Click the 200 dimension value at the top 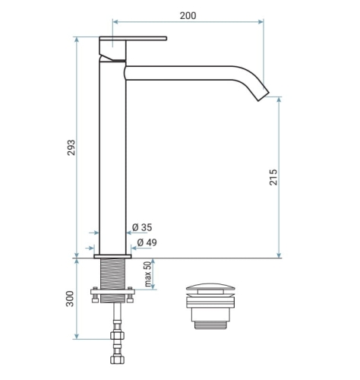pyautogui.click(x=188, y=16)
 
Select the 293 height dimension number pyautogui.click(x=71, y=147)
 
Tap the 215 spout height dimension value pyautogui.click(x=273, y=177)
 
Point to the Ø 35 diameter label pyautogui.click(x=142, y=227)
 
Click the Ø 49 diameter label pyautogui.click(x=147, y=242)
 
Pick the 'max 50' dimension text pyautogui.click(x=148, y=274)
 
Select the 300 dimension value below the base pyautogui.click(x=70, y=299)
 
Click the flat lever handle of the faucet pyautogui.click(x=133, y=39)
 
